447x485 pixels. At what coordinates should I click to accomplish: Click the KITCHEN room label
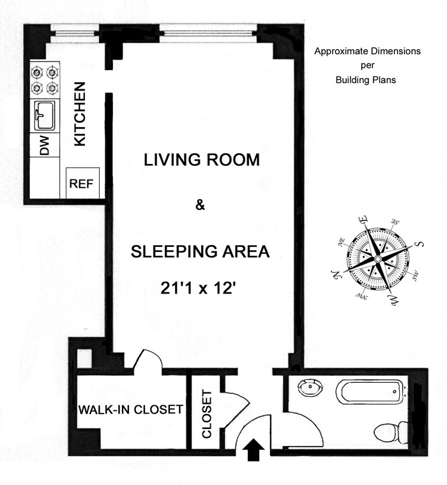(x=80, y=114)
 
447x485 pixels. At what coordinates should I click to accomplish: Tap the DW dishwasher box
(x=45, y=145)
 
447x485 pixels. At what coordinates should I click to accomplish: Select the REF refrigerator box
(x=82, y=183)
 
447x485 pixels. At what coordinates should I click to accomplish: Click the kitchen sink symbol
(x=45, y=116)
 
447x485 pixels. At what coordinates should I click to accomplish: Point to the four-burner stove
(x=45, y=80)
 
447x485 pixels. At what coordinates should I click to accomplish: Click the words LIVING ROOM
(x=202, y=160)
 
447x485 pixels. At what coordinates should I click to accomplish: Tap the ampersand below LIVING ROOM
(x=201, y=205)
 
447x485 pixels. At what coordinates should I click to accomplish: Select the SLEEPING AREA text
(x=200, y=251)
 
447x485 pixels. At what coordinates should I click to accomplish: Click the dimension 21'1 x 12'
(x=197, y=288)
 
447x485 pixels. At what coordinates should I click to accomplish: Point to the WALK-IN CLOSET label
(x=131, y=410)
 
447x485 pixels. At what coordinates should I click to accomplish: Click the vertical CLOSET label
(x=206, y=414)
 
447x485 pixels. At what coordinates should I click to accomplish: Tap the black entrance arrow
(x=254, y=449)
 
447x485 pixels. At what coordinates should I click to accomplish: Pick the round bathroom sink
(x=310, y=387)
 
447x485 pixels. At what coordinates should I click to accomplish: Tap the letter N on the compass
(x=336, y=274)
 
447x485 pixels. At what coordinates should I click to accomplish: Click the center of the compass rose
(x=377, y=259)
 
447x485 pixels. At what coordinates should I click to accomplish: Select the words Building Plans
(x=366, y=80)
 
